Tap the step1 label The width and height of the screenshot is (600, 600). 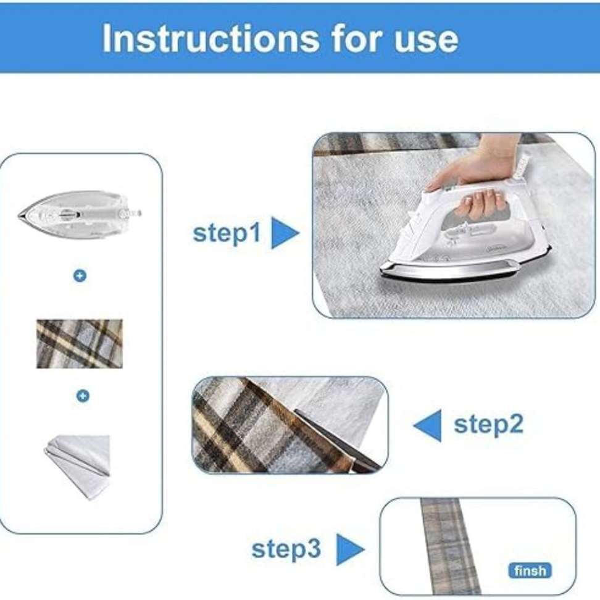(227, 233)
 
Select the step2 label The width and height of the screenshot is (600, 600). (488, 425)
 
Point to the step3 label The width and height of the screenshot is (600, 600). (286, 548)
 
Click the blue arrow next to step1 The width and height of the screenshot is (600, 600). (284, 233)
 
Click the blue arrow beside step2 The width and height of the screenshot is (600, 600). (428, 425)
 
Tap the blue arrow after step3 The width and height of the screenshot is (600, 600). (349, 549)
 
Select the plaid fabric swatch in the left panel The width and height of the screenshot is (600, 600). (79, 344)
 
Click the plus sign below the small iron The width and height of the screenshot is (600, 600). (80, 276)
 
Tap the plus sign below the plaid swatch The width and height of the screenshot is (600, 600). (83, 396)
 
